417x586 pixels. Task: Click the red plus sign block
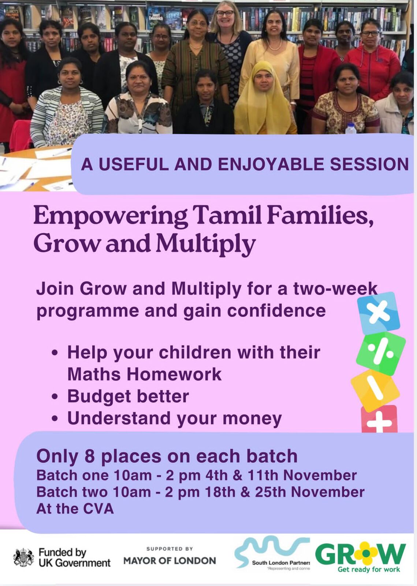379,420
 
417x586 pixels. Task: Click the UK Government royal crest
23,558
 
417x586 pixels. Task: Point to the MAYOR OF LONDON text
170,561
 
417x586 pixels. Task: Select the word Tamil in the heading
227,215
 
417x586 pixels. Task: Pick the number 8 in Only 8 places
90,456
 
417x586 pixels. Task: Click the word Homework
174,374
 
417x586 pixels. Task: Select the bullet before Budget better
55,397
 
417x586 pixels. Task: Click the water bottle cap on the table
351,125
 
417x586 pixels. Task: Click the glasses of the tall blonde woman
225,13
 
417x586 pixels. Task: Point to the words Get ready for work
369,570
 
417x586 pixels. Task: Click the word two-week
335,288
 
